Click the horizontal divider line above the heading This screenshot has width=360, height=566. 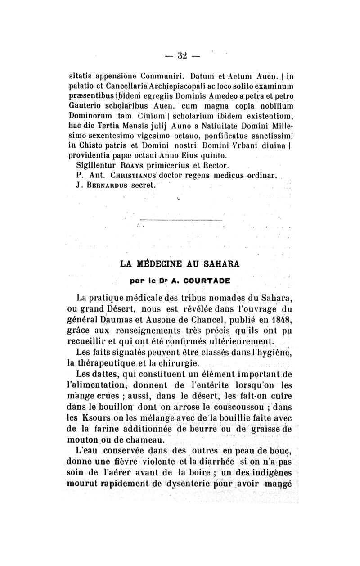pos(180,220)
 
